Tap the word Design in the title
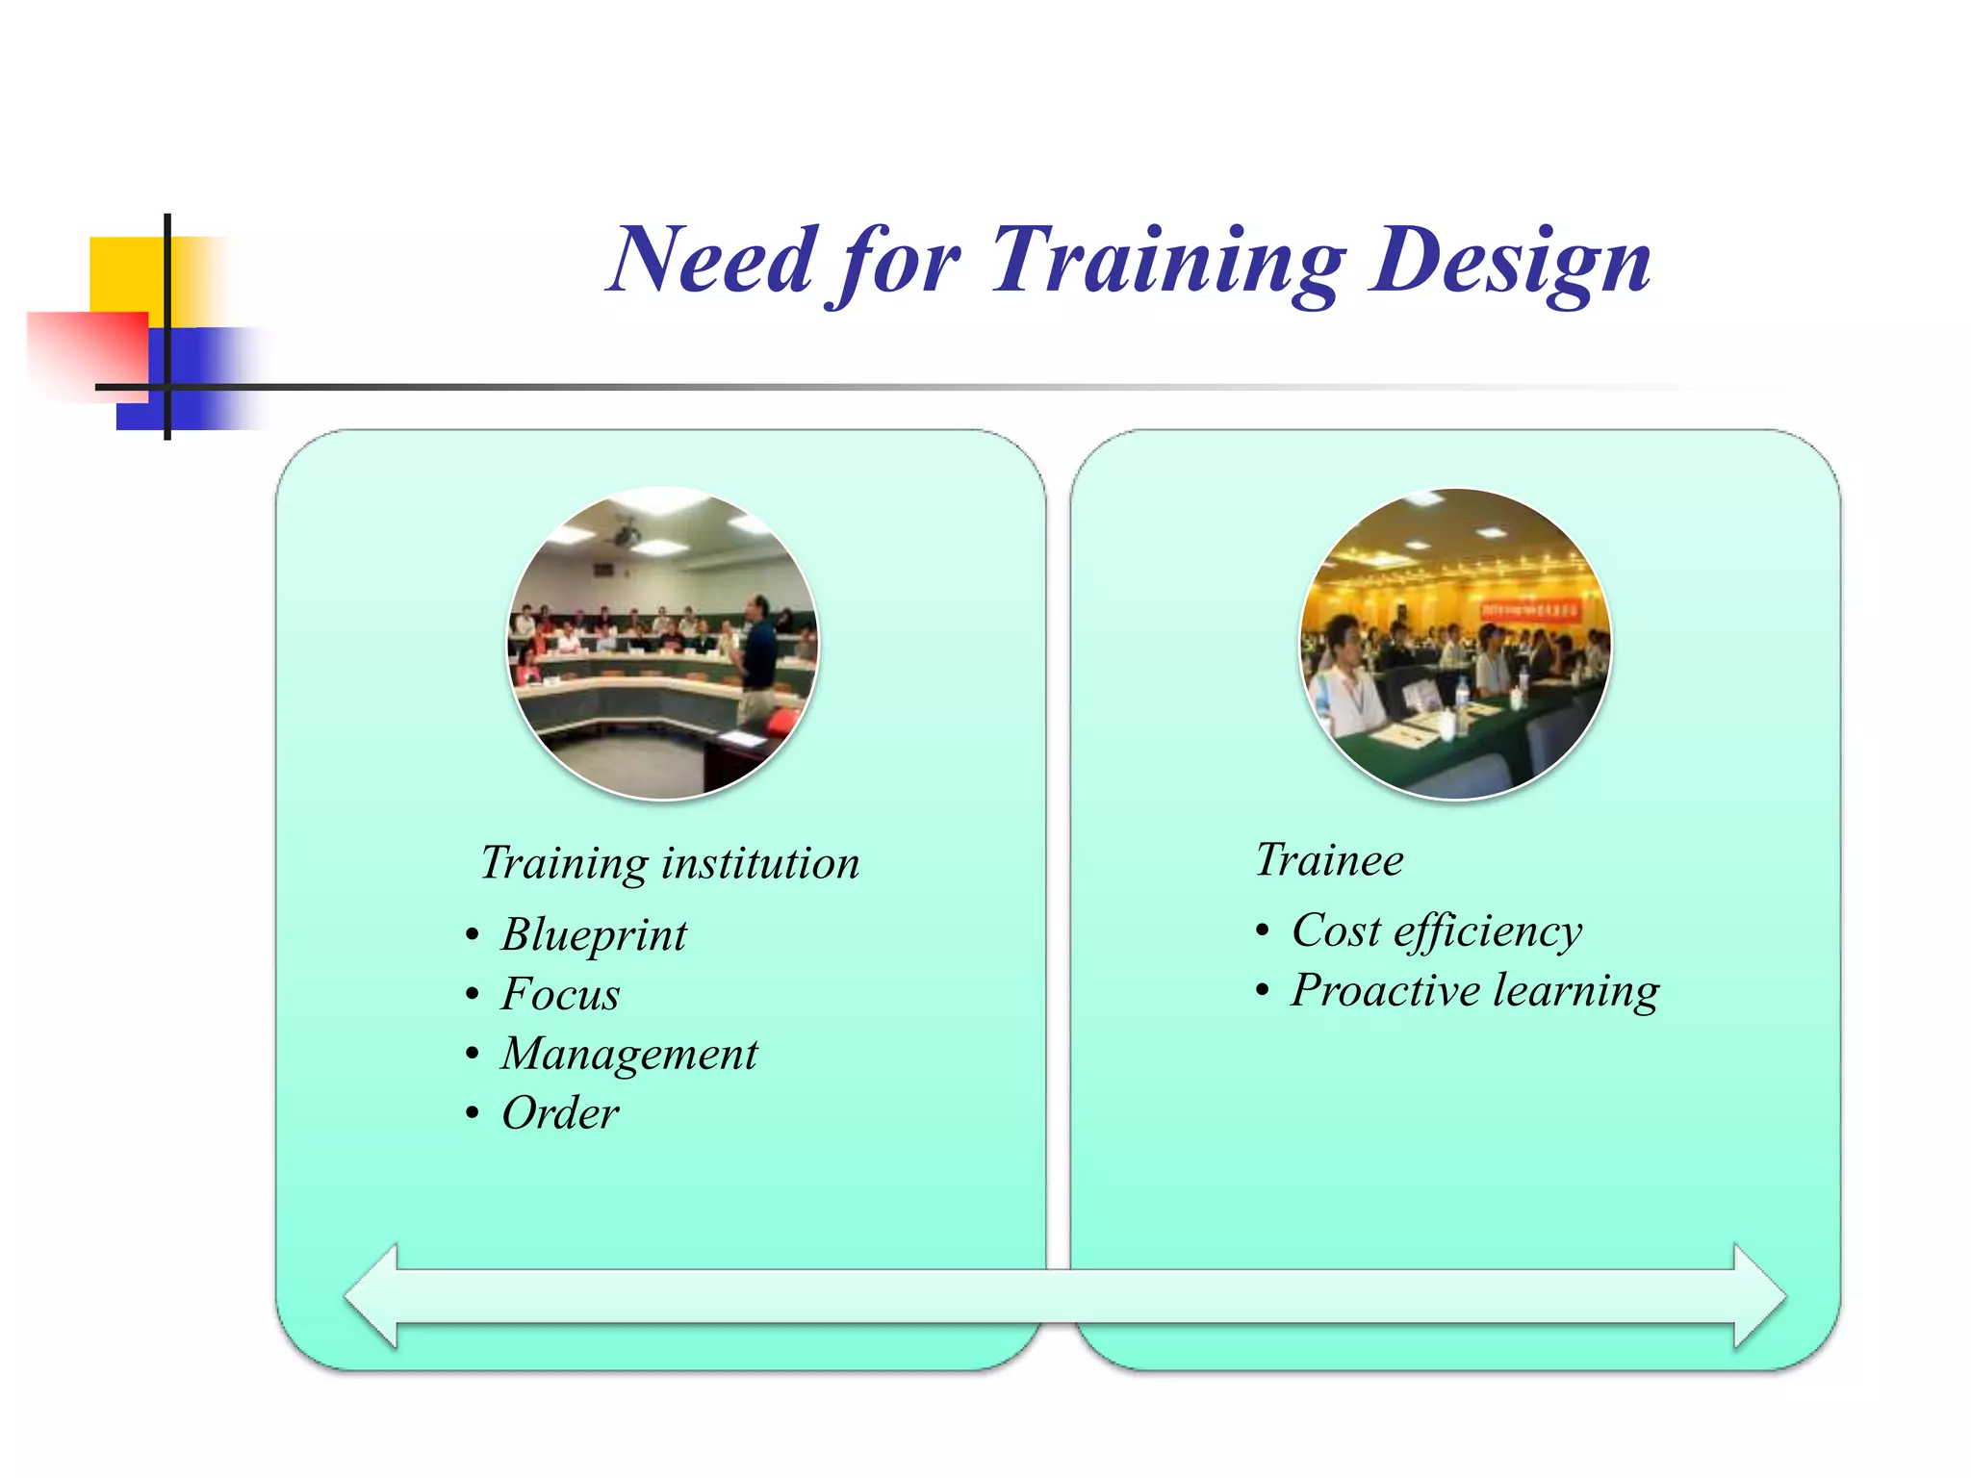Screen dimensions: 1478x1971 pyautogui.click(x=1511, y=260)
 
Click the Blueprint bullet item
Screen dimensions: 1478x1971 pyautogui.click(x=594, y=935)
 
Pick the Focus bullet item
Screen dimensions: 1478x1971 pyautogui.click(x=560, y=995)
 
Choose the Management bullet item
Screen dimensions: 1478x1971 pyautogui.click(x=628, y=1054)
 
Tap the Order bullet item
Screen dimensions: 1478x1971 pyautogui.click(x=560, y=1114)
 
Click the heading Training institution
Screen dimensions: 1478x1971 pyautogui.click(x=670, y=863)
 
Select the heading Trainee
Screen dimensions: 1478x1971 pyautogui.click(x=1329, y=859)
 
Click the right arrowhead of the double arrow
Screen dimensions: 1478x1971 pyautogui.click(x=1759, y=1296)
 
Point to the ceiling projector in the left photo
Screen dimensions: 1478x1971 pyautogui.click(x=627, y=532)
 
